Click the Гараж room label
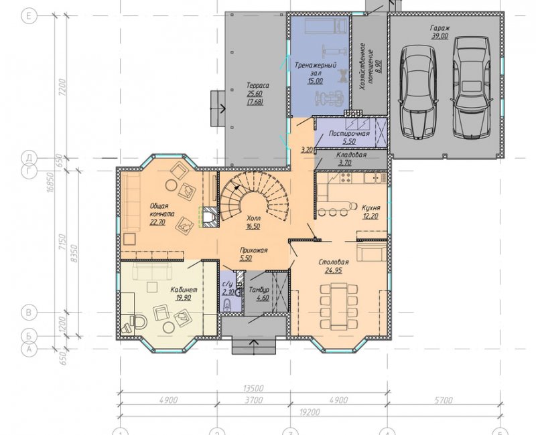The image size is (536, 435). pos(440,28)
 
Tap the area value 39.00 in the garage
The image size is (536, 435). pos(440,36)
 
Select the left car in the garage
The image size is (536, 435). pos(418,91)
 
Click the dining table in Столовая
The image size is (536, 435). pos(338,306)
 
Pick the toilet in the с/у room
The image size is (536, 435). pos(227,304)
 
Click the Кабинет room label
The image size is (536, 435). pos(184,290)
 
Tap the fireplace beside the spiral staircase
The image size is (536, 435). pos(209,217)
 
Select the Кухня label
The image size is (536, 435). pos(371,207)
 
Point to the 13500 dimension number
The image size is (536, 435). pos(253,388)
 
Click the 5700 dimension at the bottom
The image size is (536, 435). pos(444,400)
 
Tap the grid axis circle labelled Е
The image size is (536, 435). pos(29,15)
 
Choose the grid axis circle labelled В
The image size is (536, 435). pos(29,312)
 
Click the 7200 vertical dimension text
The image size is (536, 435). pos(63,87)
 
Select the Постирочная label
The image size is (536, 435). pos(349,133)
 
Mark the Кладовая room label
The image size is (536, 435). pos(351,155)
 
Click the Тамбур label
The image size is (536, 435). pos(259,290)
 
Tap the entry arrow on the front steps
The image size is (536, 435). pos(253,347)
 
